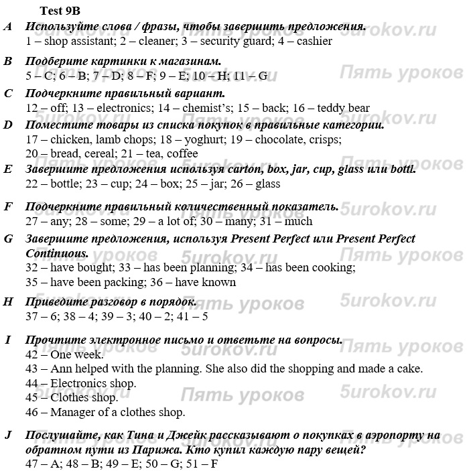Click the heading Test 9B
pos(60,11)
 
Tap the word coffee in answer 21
pos(183,153)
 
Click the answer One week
pos(77,355)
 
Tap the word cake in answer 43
pos(409,369)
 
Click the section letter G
pos(8,239)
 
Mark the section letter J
pos(8,435)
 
